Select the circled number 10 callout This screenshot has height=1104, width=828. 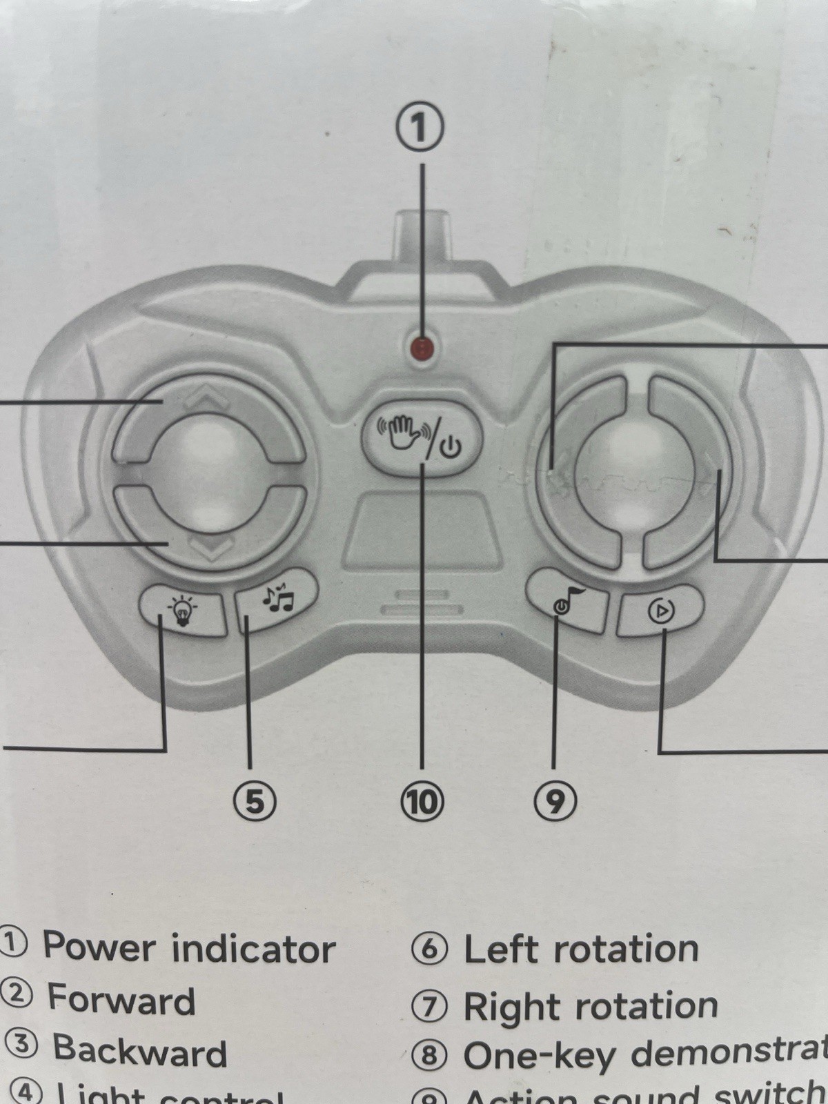[x=422, y=801]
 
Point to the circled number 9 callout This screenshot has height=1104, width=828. [x=555, y=800]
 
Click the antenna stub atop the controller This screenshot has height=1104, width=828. [x=422, y=235]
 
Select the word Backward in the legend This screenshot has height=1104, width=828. [x=140, y=1050]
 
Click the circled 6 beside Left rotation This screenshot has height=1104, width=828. [x=429, y=949]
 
